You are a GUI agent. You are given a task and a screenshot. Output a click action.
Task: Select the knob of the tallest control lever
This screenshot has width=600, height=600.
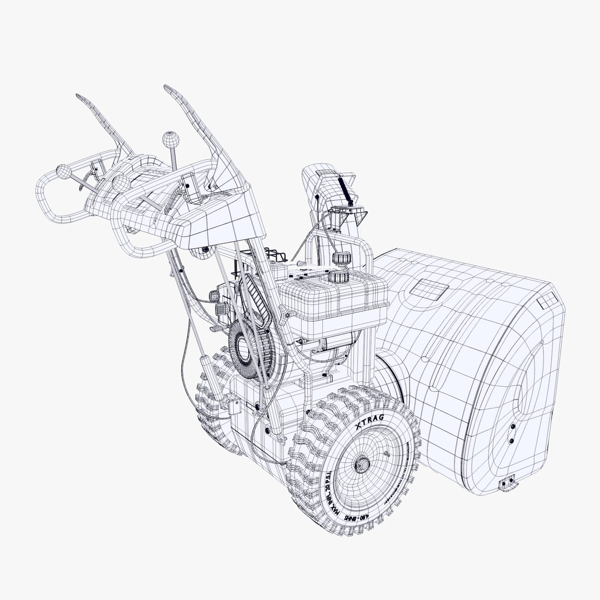pyautogui.click(x=168, y=137)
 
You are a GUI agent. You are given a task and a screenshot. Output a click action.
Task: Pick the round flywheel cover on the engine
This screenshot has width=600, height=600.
pyautogui.click(x=245, y=350)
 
